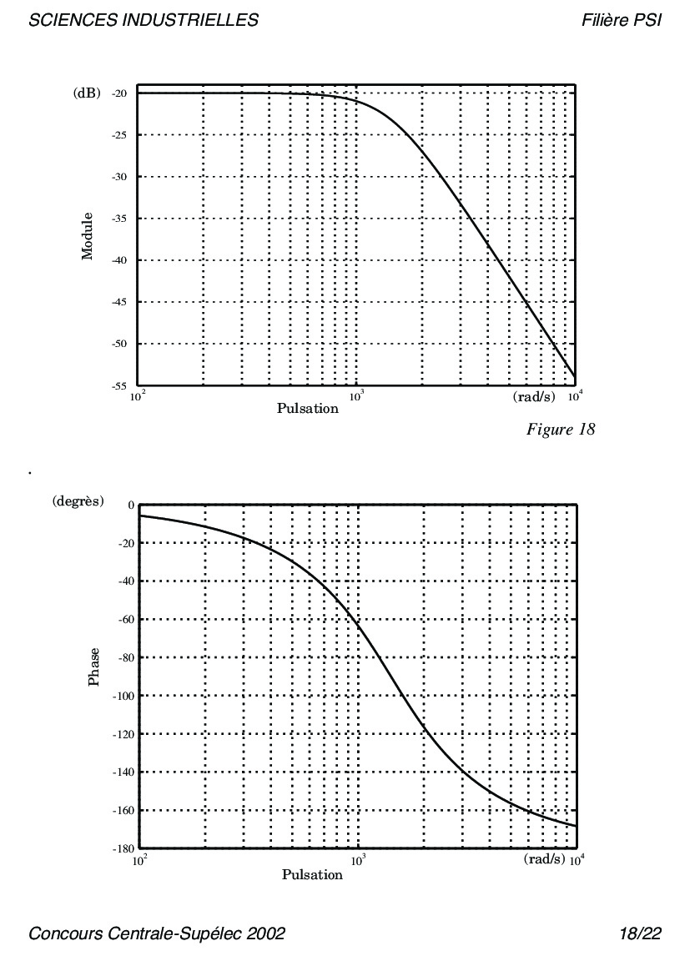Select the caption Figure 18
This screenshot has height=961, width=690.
[x=561, y=430]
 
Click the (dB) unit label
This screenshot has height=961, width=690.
[x=87, y=93]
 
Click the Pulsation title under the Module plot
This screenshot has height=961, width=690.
[x=308, y=409]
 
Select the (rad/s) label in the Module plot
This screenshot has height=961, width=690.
[x=534, y=397]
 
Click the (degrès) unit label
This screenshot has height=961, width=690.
[x=78, y=501]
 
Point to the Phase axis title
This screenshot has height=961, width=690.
[x=94, y=667]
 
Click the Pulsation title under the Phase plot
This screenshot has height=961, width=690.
[x=312, y=875]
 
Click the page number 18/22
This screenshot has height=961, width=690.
[x=641, y=933]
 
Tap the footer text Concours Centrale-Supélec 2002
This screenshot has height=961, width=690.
[x=157, y=933]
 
